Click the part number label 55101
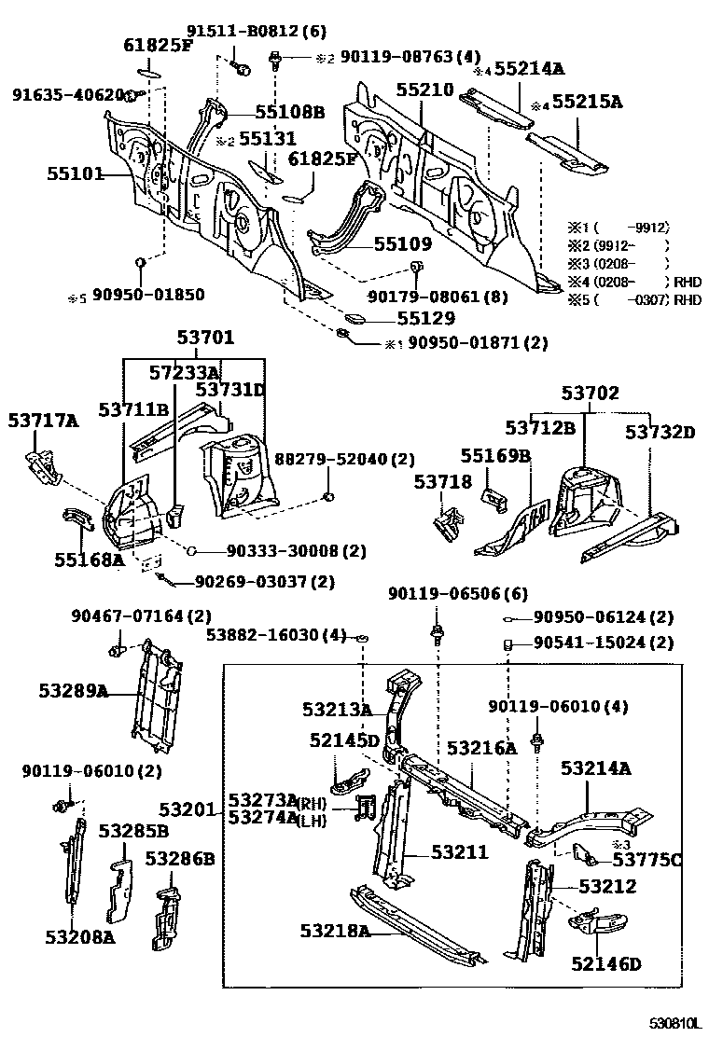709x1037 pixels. tap(75, 173)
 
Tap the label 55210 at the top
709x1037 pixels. tap(424, 91)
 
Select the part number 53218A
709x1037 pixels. tap(335, 930)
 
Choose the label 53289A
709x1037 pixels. tap(74, 691)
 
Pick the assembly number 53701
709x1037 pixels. tap(206, 338)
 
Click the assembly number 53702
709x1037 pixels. tap(590, 394)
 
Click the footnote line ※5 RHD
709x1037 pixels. tap(633, 299)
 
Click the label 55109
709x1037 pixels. tap(403, 244)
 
